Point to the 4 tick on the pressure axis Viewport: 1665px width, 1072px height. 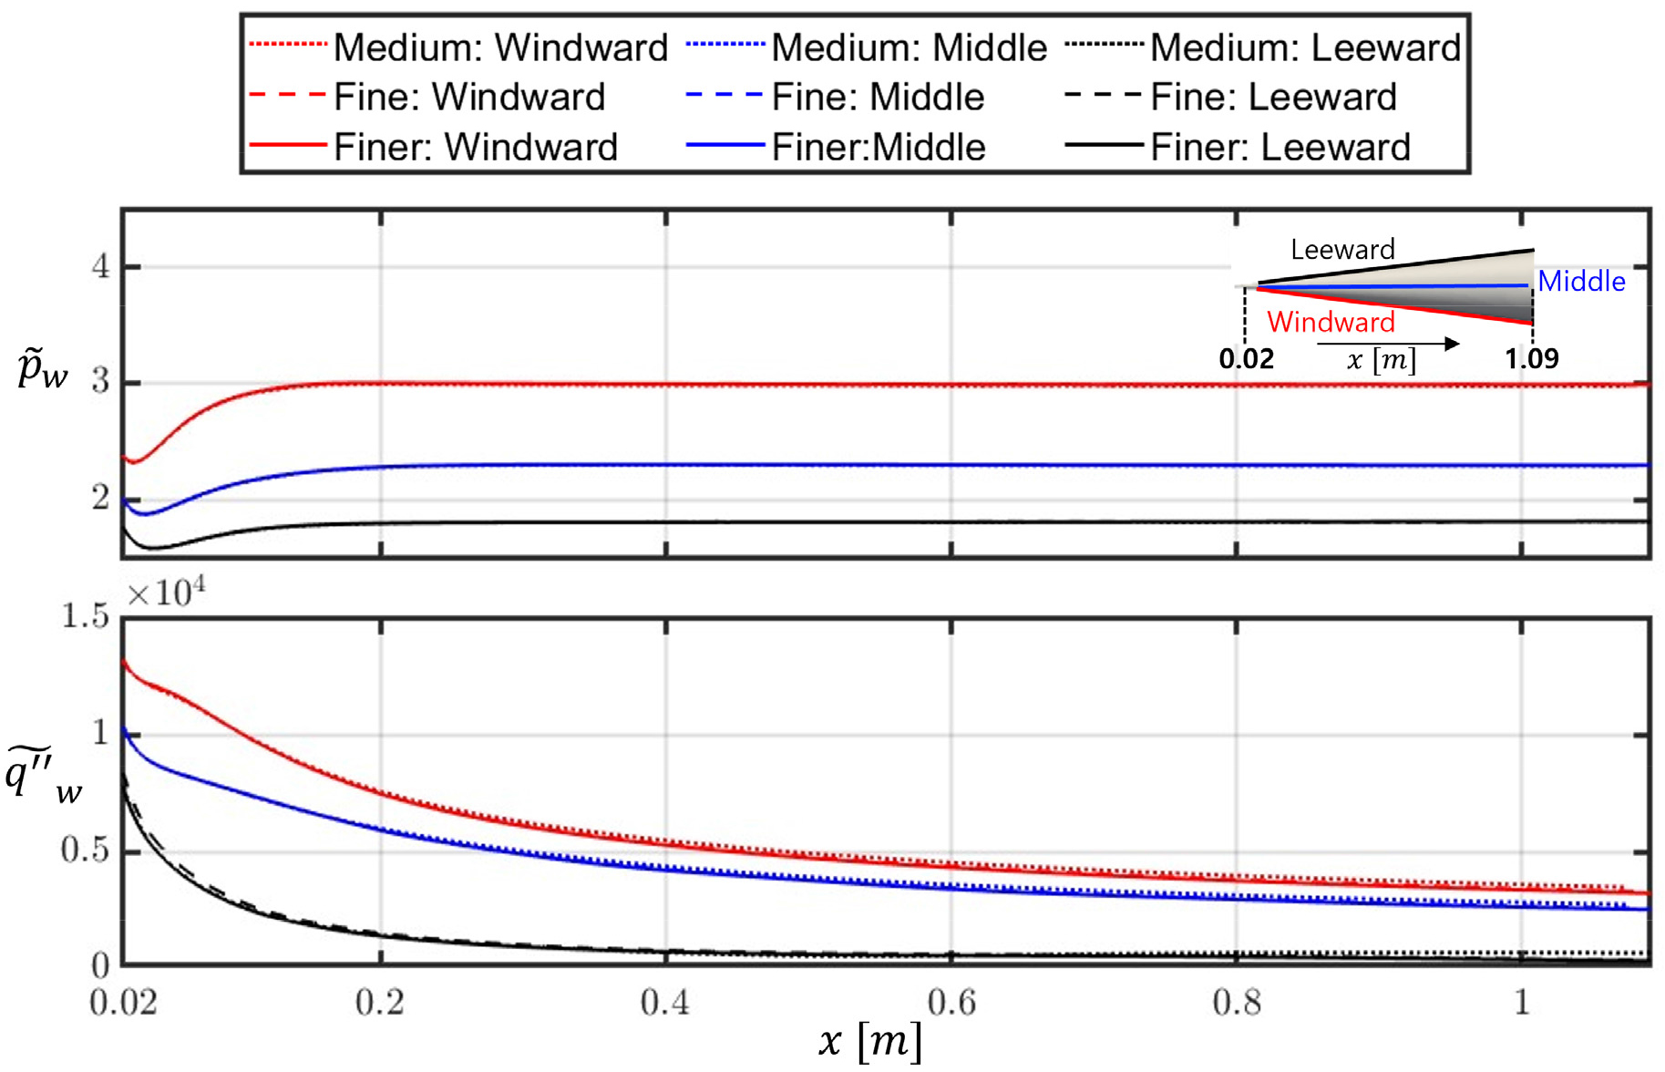(x=100, y=266)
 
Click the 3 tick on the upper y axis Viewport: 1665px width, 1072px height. (x=100, y=381)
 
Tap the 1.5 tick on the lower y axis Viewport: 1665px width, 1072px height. (x=85, y=616)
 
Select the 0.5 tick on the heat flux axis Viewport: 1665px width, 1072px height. (x=85, y=850)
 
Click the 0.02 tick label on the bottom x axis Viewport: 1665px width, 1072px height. (x=123, y=1003)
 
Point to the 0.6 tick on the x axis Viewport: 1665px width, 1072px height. (x=951, y=1003)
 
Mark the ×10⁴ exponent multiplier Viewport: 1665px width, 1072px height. (x=166, y=593)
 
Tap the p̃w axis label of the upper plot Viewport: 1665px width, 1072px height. (x=42, y=369)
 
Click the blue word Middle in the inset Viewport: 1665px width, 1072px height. (x=1581, y=282)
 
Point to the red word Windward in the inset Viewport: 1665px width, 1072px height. (x=1331, y=322)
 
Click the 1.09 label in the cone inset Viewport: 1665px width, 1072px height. (x=1532, y=358)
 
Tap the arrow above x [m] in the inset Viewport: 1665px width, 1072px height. (x=1388, y=344)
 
